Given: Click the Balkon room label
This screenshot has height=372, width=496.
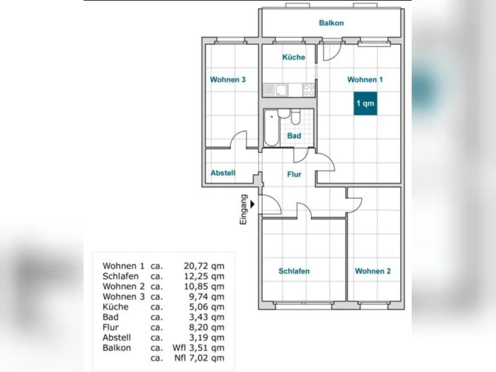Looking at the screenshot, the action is [331, 23].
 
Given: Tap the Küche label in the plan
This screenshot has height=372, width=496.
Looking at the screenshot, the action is [294, 57].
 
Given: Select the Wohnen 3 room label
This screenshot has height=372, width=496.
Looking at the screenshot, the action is [227, 79].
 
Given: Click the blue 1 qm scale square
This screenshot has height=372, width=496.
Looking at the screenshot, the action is [366, 103].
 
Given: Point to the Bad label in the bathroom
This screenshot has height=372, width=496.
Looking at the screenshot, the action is [294, 136].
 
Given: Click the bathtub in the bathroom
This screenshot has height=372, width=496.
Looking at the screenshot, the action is [271, 128].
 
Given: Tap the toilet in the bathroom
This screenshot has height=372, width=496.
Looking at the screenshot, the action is [296, 117].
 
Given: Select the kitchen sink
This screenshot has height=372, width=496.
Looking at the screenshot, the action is [275, 90].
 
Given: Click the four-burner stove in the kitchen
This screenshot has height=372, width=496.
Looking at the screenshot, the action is [309, 90].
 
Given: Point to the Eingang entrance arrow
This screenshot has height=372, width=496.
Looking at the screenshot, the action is [252, 204].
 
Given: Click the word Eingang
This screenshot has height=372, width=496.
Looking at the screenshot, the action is [244, 210].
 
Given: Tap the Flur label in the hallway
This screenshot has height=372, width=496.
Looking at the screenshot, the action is [294, 174].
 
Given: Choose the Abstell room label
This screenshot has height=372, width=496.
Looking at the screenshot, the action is [223, 173].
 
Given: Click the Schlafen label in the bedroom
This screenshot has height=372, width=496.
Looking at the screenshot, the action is [294, 271].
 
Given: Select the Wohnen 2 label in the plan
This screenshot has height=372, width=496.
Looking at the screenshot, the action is [373, 271].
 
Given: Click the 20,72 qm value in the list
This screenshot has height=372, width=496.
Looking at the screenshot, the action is [204, 266].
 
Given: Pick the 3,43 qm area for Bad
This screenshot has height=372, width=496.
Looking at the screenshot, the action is [207, 317].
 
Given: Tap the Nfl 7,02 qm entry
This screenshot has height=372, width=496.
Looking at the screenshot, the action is [199, 358].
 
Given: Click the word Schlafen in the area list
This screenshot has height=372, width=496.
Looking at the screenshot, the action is [120, 276].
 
